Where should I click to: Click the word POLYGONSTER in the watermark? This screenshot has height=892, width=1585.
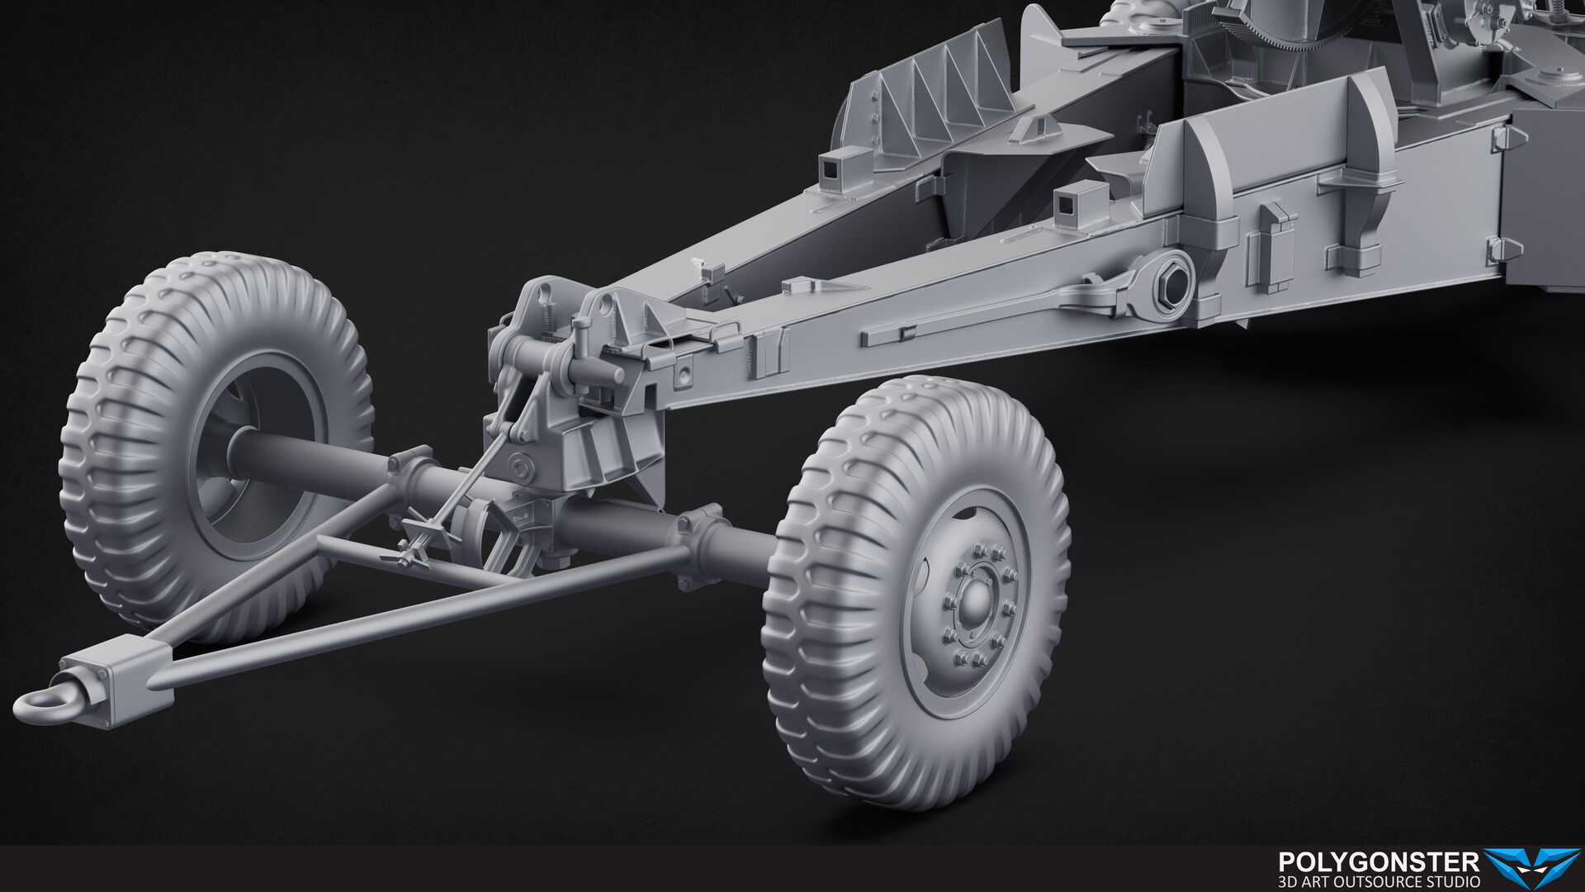coord(1378,863)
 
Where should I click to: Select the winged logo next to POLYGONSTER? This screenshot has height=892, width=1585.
coord(1531,868)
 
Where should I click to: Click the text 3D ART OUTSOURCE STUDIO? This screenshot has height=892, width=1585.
coord(1378,882)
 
